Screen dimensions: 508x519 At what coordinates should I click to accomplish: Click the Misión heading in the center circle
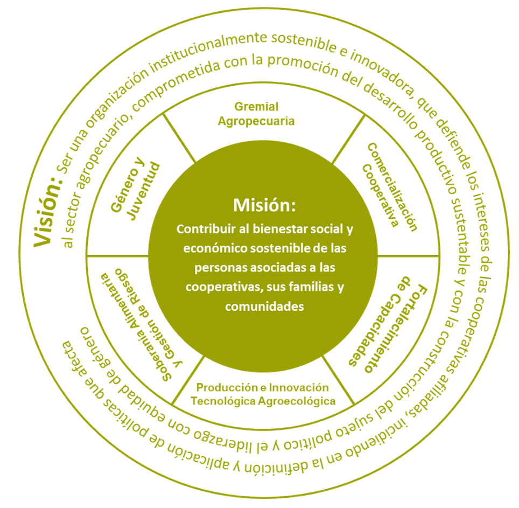click(x=264, y=205)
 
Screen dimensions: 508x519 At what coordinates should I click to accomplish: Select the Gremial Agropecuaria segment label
click(x=256, y=114)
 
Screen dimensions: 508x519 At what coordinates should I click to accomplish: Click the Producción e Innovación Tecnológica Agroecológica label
click(x=263, y=394)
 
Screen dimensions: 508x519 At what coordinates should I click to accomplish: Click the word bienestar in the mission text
click(x=285, y=229)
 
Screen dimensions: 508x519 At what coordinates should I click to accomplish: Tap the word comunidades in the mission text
click(x=264, y=306)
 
